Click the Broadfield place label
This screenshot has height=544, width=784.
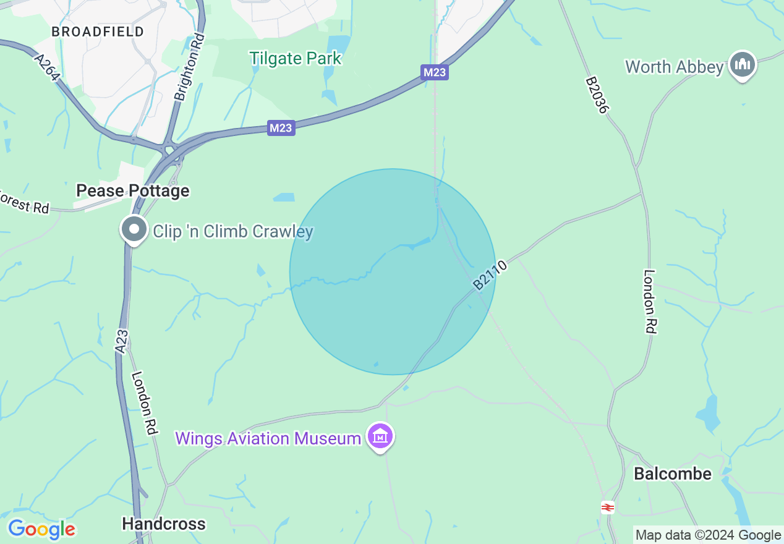click(98, 32)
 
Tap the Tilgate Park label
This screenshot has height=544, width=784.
click(296, 59)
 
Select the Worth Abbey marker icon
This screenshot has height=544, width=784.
click(743, 65)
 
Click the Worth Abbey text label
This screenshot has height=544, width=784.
click(674, 67)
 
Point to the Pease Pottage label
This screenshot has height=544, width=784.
click(132, 190)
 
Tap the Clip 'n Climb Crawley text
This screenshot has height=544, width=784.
click(233, 232)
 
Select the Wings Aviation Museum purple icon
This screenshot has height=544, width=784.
click(380, 436)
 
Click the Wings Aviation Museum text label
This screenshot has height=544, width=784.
click(268, 438)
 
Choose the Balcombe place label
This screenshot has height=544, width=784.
click(673, 474)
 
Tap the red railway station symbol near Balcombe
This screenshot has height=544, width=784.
click(608, 508)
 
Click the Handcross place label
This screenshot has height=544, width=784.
click(163, 524)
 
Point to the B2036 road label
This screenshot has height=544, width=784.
click(598, 95)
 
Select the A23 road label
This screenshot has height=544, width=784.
click(122, 341)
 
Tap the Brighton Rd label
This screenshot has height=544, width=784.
click(189, 68)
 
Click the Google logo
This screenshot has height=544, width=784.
click(41, 529)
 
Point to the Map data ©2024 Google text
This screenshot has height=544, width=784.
click(708, 535)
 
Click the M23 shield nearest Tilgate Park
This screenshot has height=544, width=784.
click(435, 72)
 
